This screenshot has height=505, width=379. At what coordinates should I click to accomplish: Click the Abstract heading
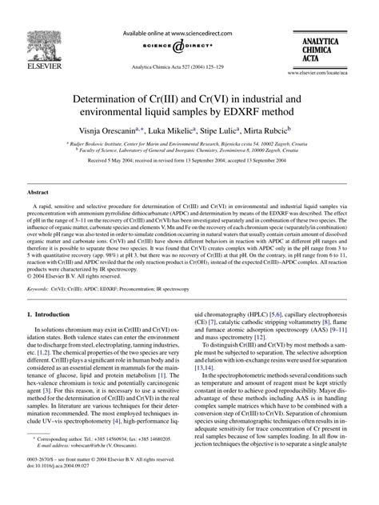point(40,194)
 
